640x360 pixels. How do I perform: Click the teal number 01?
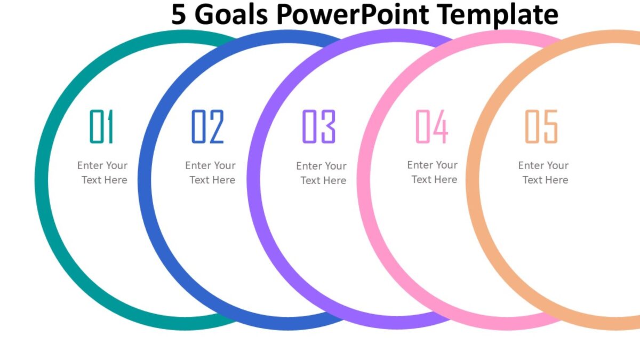pyautogui.click(x=101, y=126)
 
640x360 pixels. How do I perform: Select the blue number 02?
pyautogui.click(x=207, y=126)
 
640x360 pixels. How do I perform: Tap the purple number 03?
pyautogui.click(x=318, y=126)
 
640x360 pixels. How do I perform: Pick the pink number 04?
pyautogui.click(x=431, y=126)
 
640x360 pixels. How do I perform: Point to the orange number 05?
pyautogui.click(x=541, y=126)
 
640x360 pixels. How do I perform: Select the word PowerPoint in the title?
pyautogui.click(x=369, y=14)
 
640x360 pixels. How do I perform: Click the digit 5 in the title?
pyautogui.click(x=179, y=14)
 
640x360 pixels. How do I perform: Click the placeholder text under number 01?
pyautogui.click(x=103, y=173)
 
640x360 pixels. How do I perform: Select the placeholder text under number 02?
pyautogui.click(x=211, y=173)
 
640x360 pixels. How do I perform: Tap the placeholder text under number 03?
pyautogui.click(x=322, y=173)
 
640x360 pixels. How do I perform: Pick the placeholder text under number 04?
pyautogui.click(x=433, y=172)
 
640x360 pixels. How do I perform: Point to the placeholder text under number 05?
pyautogui.click(x=543, y=173)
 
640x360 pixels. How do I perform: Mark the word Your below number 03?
pyautogui.click(x=335, y=166)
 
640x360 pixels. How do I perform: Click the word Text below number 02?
pyautogui.click(x=199, y=180)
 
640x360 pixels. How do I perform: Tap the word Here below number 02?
pyautogui.click(x=223, y=180)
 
